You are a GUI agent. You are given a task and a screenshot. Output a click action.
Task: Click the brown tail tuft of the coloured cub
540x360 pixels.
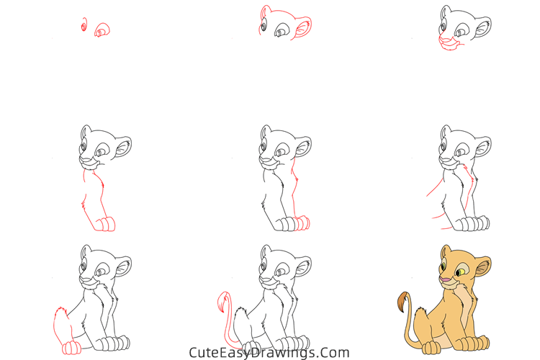pos(401,303)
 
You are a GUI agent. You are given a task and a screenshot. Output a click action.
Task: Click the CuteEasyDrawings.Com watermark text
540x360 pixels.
pos(269,353)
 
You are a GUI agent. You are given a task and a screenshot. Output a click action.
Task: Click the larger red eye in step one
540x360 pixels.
pos(102,30)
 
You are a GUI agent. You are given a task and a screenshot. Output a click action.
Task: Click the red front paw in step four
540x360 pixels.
pos(105,224)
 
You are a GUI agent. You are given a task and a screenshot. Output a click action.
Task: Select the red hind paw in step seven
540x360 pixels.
pos(71,348)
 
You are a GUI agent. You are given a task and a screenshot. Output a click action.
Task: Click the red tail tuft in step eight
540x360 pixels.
pos(222,303)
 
